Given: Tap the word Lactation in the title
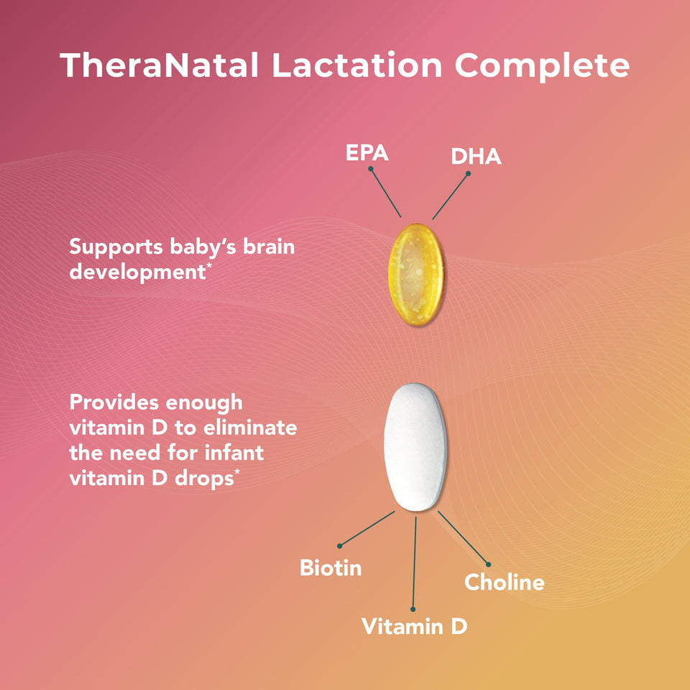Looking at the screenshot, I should tap(356, 65).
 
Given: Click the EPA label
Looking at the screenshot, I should tap(367, 153).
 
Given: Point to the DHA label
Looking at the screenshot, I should tap(476, 157).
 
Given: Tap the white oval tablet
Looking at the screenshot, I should tap(415, 447).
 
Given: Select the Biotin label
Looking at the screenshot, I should tap(331, 569).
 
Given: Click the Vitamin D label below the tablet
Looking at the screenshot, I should tap(414, 626).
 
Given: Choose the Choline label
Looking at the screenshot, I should tap(504, 582).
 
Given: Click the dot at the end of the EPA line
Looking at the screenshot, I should tap(370, 170).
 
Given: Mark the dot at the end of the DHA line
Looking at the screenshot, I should tap(468, 173).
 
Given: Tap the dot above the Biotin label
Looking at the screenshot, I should tap(339, 546).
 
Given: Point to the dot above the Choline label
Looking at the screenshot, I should tap(488, 564).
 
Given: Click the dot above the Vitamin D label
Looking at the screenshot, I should tap(413, 608).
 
